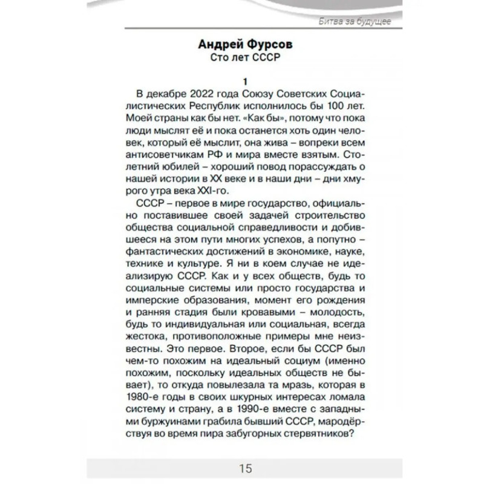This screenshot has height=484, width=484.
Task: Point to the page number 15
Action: (x=245, y=468)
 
